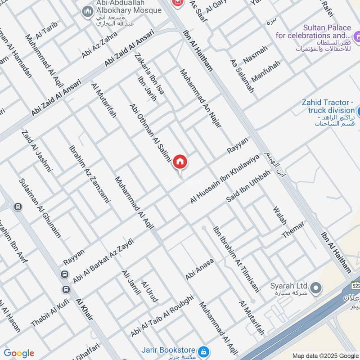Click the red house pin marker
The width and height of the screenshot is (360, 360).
(180, 162)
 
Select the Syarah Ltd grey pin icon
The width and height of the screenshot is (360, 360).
(316, 287)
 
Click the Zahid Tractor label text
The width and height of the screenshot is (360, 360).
(328, 106)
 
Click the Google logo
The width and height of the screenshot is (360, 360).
(19, 353)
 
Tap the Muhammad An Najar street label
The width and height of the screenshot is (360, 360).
(201, 98)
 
